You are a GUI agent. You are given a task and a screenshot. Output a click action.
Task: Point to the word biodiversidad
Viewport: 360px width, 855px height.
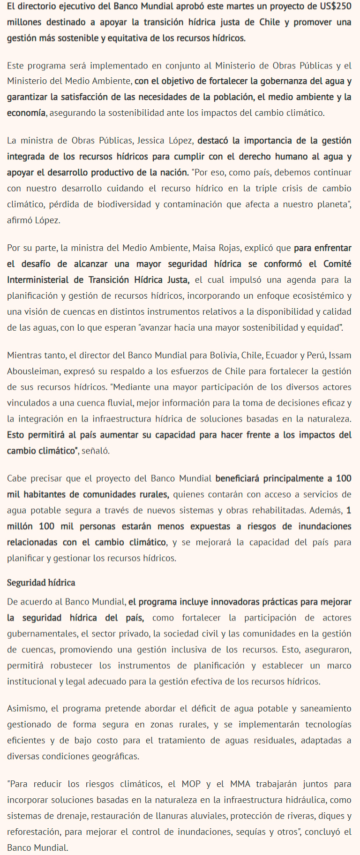[x=124, y=204]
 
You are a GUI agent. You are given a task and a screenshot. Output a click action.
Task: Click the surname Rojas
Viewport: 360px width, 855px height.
[x=230, y=248]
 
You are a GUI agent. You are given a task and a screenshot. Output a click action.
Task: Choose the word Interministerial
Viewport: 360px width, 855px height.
[x=38, y=280]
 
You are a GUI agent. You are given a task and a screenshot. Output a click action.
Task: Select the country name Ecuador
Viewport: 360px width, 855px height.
[x=285, y=355]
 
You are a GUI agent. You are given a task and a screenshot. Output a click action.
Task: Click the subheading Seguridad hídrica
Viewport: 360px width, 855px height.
[x=41, y=583]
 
